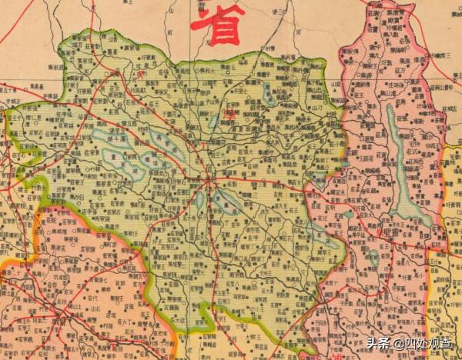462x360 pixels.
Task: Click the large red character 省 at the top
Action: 217,25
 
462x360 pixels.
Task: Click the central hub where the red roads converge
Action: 209,182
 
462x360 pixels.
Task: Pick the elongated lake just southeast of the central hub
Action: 226,202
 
